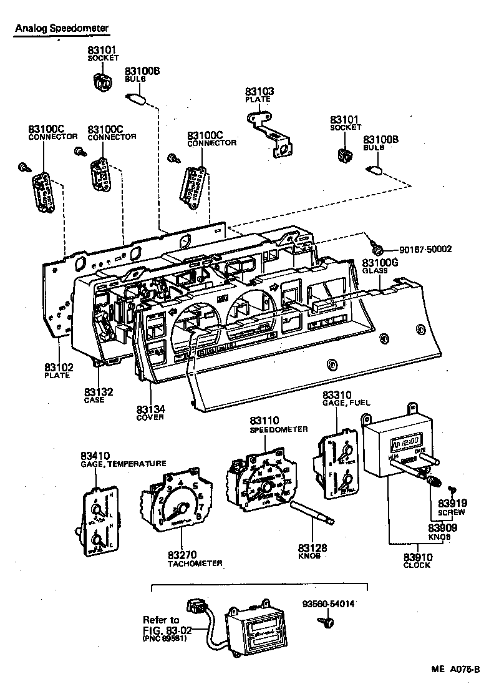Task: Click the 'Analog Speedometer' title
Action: (61, 28)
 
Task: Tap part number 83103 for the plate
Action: (259, 92)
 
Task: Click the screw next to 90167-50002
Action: (375, 247)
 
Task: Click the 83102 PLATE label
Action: (57, 371)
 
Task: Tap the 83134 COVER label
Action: (150, 413)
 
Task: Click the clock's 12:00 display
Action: (407, 444)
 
